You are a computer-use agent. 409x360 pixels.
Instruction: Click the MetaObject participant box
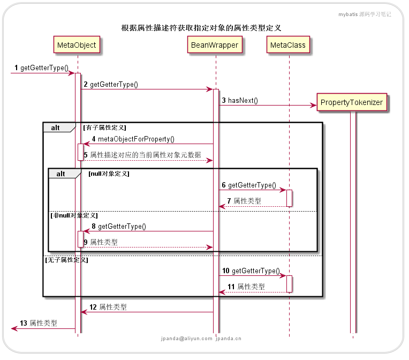[x=77, y=45]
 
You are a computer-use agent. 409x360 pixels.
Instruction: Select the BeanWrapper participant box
[x=215, y=45]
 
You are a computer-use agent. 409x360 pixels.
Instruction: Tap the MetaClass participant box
[x=288, y=45]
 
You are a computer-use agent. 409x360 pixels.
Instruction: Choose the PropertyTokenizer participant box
[x=351, y=102]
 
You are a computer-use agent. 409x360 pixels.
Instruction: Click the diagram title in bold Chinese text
[x=201, y=28]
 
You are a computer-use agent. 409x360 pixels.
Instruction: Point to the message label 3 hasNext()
[x=240, y=100]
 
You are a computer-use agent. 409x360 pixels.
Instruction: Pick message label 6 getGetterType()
[x=249, y=185]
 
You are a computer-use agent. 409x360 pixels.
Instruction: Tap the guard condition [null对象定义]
[x=109, y=174]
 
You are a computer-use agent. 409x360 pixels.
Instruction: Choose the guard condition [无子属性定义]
[x=66, y=260]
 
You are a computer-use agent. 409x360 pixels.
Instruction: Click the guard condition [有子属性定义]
[x=104, y=127]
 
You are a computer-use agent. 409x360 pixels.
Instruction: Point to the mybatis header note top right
[x=364, y=14]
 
